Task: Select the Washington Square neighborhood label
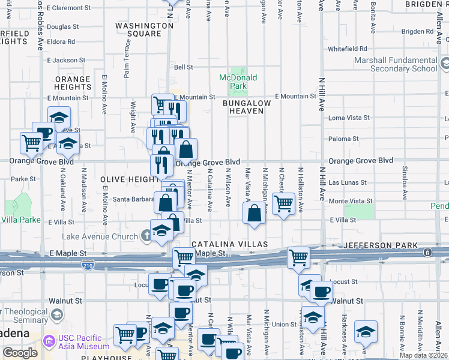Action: pos(144,29)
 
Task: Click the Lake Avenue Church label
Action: pos(110,236)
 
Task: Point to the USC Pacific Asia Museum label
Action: pos(84,342)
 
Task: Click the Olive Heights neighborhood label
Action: pos(130,179)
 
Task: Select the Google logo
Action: pos(20,352)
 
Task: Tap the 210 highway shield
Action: pos(88,265)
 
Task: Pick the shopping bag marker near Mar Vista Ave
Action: pos(255,212)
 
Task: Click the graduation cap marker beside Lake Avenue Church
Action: pos(161,231)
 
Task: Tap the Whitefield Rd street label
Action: pos(347,49)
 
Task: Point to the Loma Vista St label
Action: pos(349,118)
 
